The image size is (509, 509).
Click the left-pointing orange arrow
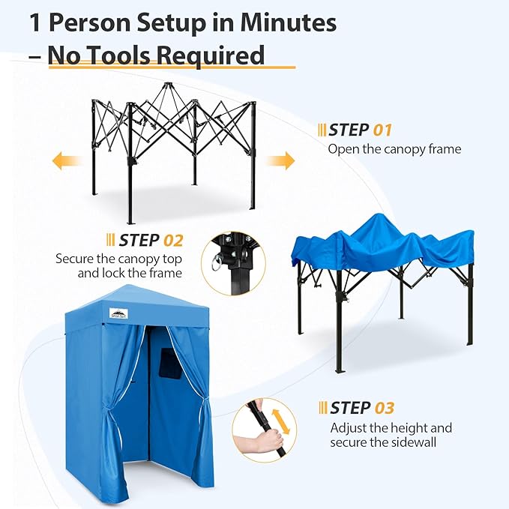[67, 160]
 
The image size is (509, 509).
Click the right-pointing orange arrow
[280, 160]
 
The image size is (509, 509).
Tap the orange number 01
[382, 130]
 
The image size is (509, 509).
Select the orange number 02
[173, 241]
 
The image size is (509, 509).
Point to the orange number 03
[385, 408]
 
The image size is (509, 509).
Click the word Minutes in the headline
[289, 22]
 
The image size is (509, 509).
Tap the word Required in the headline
[211, 55]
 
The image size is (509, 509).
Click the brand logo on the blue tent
[118, 313]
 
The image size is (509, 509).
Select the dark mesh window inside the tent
[171, 364]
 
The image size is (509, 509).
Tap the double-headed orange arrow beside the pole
[281, 421]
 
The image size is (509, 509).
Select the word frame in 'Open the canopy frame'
[445, 149]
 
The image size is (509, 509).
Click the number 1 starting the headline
[35, 22]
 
